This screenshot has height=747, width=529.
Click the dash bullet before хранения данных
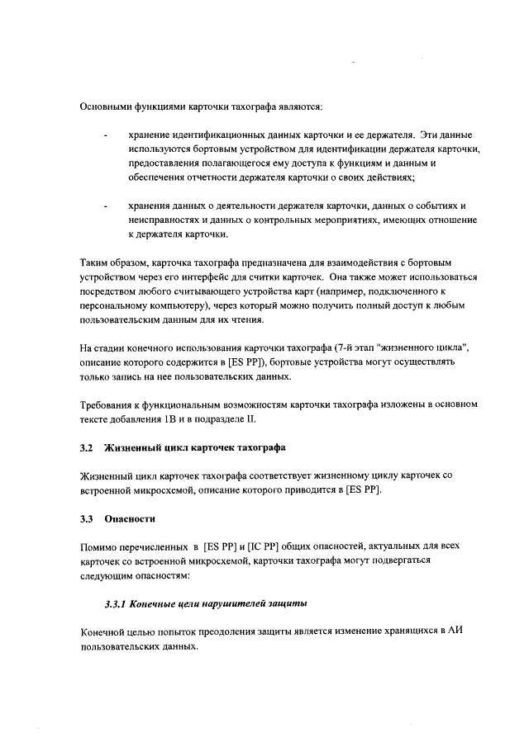(105, 206)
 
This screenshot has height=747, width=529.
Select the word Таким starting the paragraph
(95, 262)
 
